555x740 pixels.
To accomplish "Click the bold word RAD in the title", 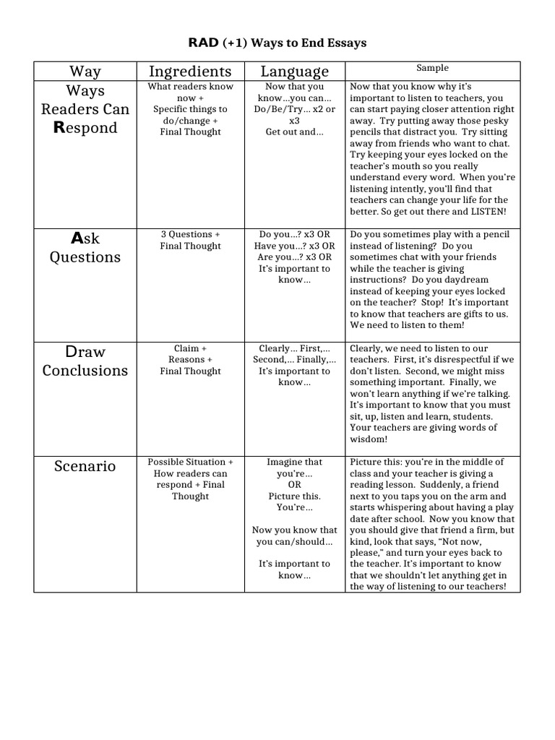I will coord(200,43).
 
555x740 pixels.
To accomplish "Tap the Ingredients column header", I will coord(190,71).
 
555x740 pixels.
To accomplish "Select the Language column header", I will coord(294,71).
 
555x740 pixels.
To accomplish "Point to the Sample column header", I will coord(432,68).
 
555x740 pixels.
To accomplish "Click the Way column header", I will coord(85,71).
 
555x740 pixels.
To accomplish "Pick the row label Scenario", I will coord(85,466).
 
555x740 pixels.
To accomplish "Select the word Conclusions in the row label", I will coord(85,371).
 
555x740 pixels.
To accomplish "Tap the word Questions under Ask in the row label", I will coord(85,257).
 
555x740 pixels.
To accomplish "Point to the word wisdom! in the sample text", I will coord(369,439).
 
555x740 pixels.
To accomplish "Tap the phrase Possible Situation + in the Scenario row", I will coord(190,462).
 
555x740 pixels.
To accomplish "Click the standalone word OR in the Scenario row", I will coord(294,485).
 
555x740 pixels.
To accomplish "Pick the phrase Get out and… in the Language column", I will coord(294,132).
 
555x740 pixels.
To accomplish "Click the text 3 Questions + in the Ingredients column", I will coord(190,235).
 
